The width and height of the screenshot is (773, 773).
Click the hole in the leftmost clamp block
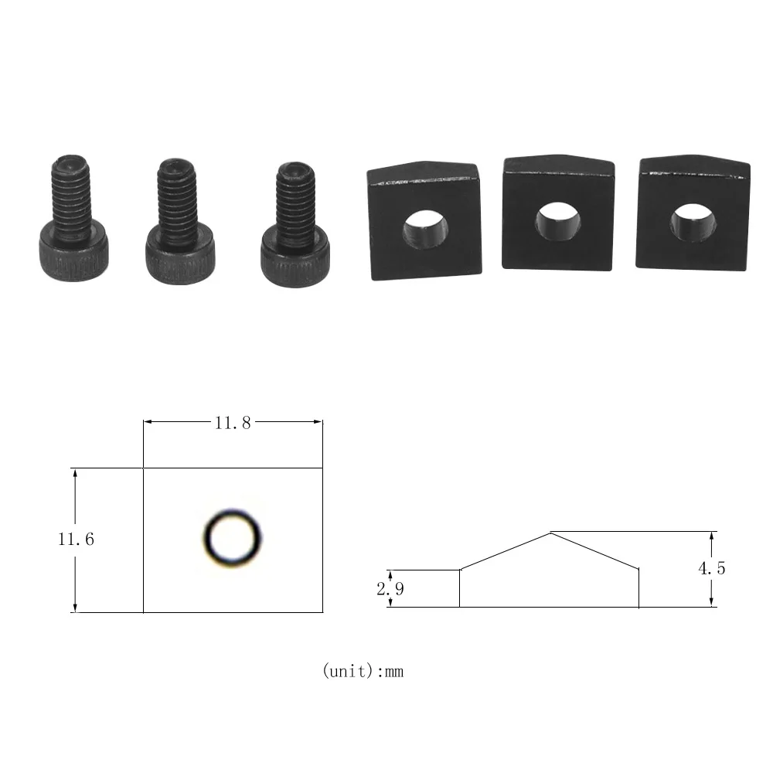[x=425, y=230]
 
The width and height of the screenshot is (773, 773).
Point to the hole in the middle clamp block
[x=558, y=221]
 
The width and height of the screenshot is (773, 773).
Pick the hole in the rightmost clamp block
[x=692, y=223]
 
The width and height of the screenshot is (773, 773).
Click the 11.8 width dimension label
[x=233, y=423]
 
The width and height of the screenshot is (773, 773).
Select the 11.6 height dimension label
[x=76, y=540]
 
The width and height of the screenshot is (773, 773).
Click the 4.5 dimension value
[x=712, y=569]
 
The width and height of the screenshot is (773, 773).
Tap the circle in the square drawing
[x=232, y=537]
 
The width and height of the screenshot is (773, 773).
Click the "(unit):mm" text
[x=363, y=671]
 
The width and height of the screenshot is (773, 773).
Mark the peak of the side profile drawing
[x=550, y=533]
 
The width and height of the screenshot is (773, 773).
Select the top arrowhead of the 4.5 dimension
[x=712, y=535]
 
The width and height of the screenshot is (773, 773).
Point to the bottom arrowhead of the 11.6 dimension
[x=75, y=608]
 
